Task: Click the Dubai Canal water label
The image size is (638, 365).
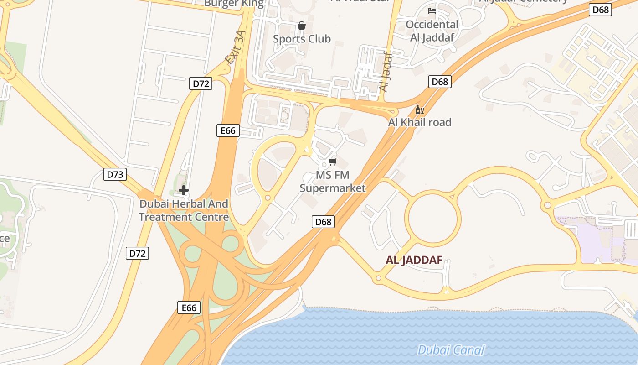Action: pos(451,350)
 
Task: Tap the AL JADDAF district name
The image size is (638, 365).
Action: pos(414,260)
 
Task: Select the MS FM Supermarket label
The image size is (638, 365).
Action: pos(333,182)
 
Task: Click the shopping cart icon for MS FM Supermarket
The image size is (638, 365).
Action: pos(333,162)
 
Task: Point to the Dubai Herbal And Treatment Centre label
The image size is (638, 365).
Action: pos(184,210)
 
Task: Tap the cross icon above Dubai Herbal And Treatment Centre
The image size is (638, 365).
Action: pos(184,190)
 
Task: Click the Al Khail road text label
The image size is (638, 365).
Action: pos(420,122)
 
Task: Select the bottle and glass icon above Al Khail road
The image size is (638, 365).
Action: pos(420,109)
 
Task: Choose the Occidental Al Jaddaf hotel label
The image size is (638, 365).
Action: pos(432,31)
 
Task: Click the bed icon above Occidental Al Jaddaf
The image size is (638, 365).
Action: pos(432,11)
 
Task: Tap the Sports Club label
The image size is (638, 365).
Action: pos(302,39)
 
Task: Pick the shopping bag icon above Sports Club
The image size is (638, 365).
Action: pos(302,26)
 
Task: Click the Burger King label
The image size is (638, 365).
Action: pos(234,4)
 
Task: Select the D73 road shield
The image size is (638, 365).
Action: pos(115,174)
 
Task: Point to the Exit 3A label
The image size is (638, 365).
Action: pos(235,47)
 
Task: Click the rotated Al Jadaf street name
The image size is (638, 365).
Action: pos(386,71)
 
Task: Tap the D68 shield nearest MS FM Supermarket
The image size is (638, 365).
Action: pos(324,222)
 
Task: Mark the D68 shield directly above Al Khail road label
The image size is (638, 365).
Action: pos(440,82)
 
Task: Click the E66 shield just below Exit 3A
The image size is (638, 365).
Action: pos(228,131)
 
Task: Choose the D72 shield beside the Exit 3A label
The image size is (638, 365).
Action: pos(201,83)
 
